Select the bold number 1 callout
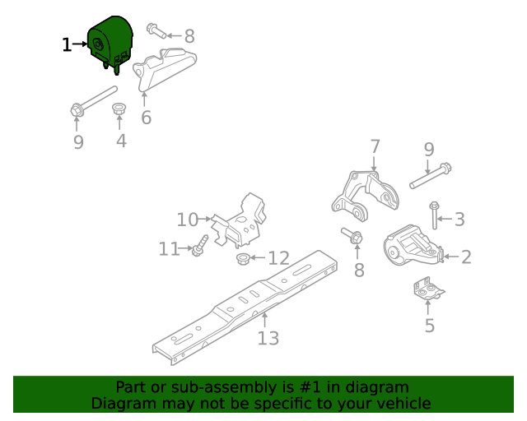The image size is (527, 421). point(68,44)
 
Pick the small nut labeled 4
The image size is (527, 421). point(119,109)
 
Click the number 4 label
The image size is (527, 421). point(121,141)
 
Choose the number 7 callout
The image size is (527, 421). point(375,147)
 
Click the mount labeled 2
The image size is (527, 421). point(413,244)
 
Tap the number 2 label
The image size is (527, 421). point(466,257)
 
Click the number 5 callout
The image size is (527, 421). point(429,326)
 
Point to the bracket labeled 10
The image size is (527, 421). point(240,220)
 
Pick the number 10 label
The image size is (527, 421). point(188,220)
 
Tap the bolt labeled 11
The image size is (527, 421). point(199,246)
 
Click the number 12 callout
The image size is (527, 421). point(278,258)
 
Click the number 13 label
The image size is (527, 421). point(268,338)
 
